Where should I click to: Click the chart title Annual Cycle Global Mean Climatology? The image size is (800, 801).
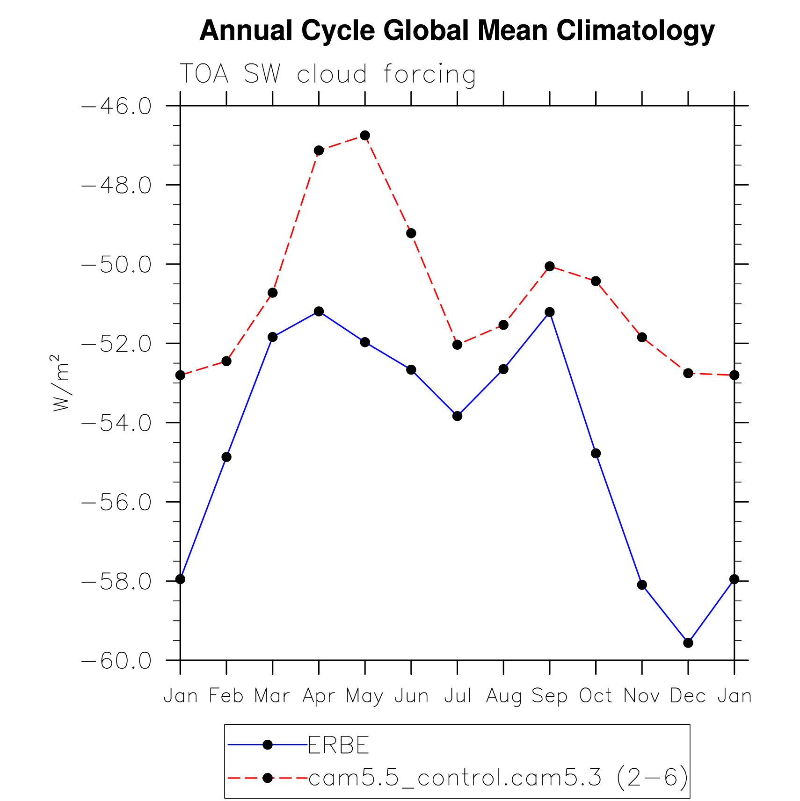457,31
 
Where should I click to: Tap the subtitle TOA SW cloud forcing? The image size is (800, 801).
327,74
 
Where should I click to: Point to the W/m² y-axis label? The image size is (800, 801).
61,383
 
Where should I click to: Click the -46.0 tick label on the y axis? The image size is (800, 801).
117,106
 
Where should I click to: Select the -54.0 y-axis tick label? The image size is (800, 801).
117,423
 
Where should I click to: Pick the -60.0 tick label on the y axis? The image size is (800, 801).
117,661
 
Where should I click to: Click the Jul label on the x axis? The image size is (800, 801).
457,696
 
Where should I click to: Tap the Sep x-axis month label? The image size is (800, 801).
549,696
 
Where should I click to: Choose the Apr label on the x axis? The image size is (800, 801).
319,696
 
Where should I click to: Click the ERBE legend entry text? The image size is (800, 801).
339,745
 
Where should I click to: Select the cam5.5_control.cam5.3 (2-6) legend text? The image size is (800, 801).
498,778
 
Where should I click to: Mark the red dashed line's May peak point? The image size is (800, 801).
365,136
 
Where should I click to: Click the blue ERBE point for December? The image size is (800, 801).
688,643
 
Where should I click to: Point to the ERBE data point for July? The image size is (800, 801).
457,416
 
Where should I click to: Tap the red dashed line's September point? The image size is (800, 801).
549,267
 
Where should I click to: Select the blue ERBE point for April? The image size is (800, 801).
319,311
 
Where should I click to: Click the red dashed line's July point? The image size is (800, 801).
457,345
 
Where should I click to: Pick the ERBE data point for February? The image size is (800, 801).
226,457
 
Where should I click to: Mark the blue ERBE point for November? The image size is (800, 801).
642,585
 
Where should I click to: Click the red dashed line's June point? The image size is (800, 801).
411,233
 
